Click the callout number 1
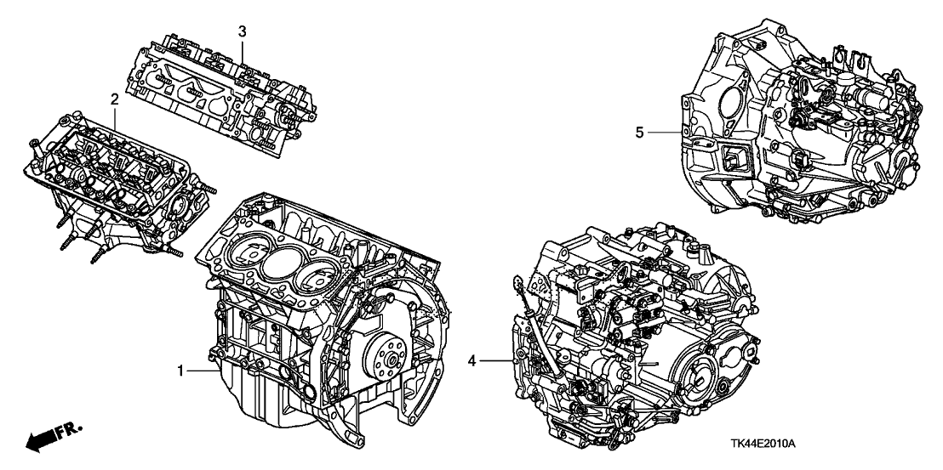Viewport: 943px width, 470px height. pos(180,371)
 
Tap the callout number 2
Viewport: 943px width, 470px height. pos(113,100)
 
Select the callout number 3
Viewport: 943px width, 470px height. pos(243,31)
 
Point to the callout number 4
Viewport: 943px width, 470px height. pos(474,362)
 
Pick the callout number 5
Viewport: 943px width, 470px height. pos(640,132)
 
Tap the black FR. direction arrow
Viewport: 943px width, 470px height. pos(40,440)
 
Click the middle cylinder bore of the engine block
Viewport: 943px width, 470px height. pos(282,261)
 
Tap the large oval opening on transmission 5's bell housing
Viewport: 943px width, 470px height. pos(731,96)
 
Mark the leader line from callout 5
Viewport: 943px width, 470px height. pos(664,132)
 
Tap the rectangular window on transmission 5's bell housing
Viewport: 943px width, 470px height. pos(733,161)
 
